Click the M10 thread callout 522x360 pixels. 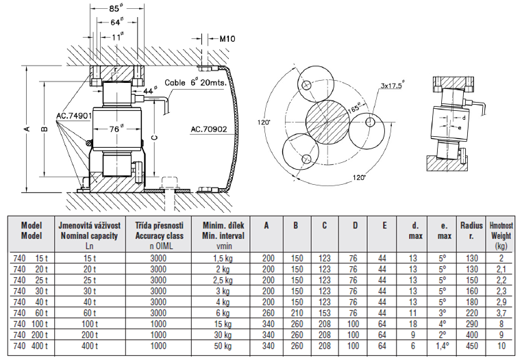(x=228, y=39)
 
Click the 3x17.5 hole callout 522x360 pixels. (x=392, y=86)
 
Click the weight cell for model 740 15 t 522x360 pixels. (x=501, y=257)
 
